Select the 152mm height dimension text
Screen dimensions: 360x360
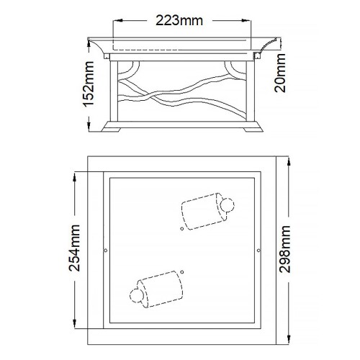click(x=89, y=83)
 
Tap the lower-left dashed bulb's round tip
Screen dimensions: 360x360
click(x=135, y=294)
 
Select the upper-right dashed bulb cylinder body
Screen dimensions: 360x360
click(x=199, y=211)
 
